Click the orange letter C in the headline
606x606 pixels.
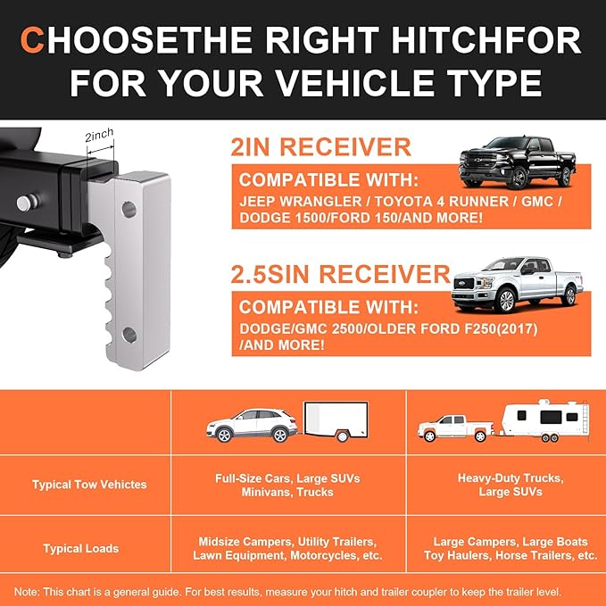pos(34,40)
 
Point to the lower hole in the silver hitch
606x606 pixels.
pos(129,336)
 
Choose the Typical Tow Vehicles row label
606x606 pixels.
pos(89,485)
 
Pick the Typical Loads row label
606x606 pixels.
pos(76,548)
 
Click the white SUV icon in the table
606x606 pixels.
pos(252,425)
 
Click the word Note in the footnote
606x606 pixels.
pos(26,591)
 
